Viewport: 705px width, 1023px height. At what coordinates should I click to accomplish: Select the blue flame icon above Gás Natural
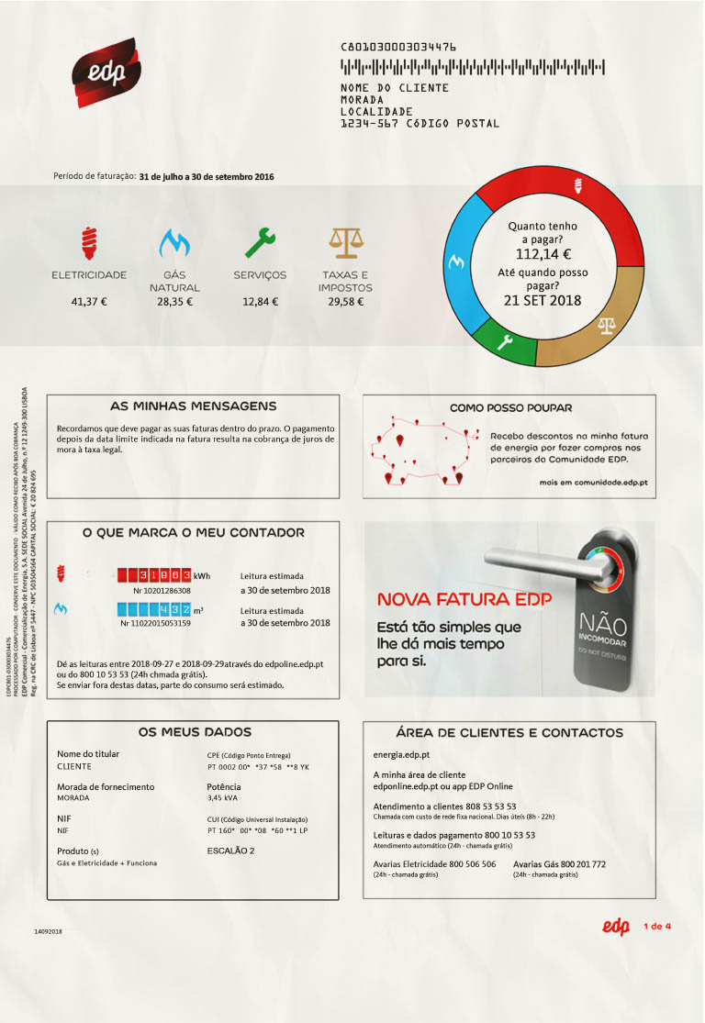[x=174, y=242]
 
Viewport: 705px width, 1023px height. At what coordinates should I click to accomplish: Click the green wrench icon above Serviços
[x=260, y=242]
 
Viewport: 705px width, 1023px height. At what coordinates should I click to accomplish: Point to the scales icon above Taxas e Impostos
[x=345, y=242]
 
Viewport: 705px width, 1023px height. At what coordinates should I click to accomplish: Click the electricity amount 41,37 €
[x=89, y=301]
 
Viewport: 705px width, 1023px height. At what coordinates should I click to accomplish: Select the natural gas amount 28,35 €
[x=174, y=301]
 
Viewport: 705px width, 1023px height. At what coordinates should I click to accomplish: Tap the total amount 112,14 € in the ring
[x=543, y=254]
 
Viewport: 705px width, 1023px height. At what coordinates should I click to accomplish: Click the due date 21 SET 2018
[x=543, y=300]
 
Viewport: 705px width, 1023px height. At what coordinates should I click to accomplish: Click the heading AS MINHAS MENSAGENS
[x=193, y=406]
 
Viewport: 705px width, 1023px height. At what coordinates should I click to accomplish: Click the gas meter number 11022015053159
[x=156, y=624]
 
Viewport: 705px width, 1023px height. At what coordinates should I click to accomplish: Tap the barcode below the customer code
[x=473, y=67]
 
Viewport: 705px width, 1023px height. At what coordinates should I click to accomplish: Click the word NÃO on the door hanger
[x=601, y=624]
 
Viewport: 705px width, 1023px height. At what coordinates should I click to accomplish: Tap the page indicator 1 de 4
[x=659, y=925]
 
